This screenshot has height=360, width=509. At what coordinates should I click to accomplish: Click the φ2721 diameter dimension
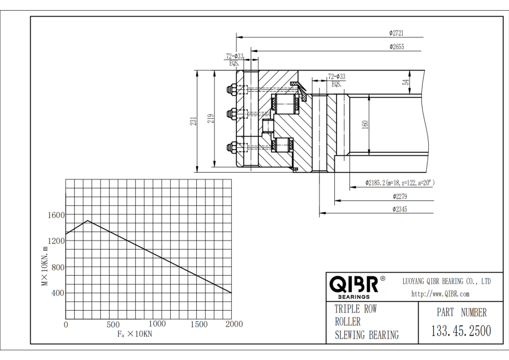click(396, 32)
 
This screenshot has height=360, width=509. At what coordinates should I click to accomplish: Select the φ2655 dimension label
click(396, 47)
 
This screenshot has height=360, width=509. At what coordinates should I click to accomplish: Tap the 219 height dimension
click(210, 119)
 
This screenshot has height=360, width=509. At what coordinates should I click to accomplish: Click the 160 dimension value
click(365, 124)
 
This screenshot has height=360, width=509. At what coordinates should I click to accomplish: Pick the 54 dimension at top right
click(406, 82)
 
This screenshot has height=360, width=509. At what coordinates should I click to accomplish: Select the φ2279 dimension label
click(400, 196)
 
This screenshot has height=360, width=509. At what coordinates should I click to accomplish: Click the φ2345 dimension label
click(400, 209)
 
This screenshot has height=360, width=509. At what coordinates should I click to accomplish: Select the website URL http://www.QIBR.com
click(441, 293)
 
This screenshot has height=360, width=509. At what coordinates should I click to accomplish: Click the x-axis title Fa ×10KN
click(135, 334)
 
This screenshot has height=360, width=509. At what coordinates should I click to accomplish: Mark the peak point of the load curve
click(88, 221)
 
